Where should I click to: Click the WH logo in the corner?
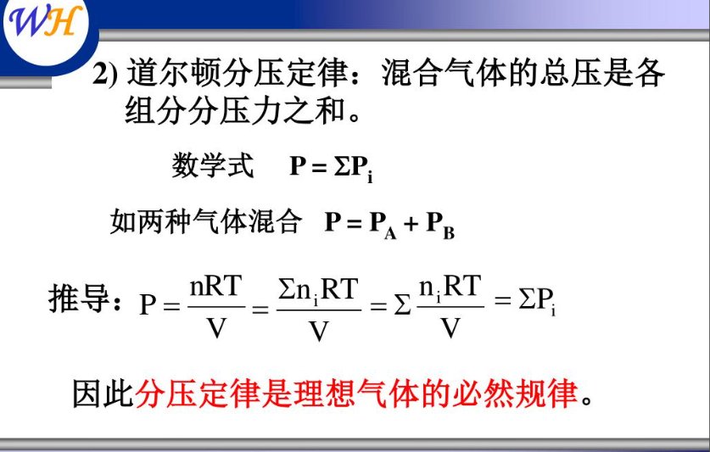coord(46,25)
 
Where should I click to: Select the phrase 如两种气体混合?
coord(206,222)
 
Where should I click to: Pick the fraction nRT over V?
coord(216,306)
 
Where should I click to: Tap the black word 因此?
coord(103,393)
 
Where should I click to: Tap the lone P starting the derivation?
coord(149,304)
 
